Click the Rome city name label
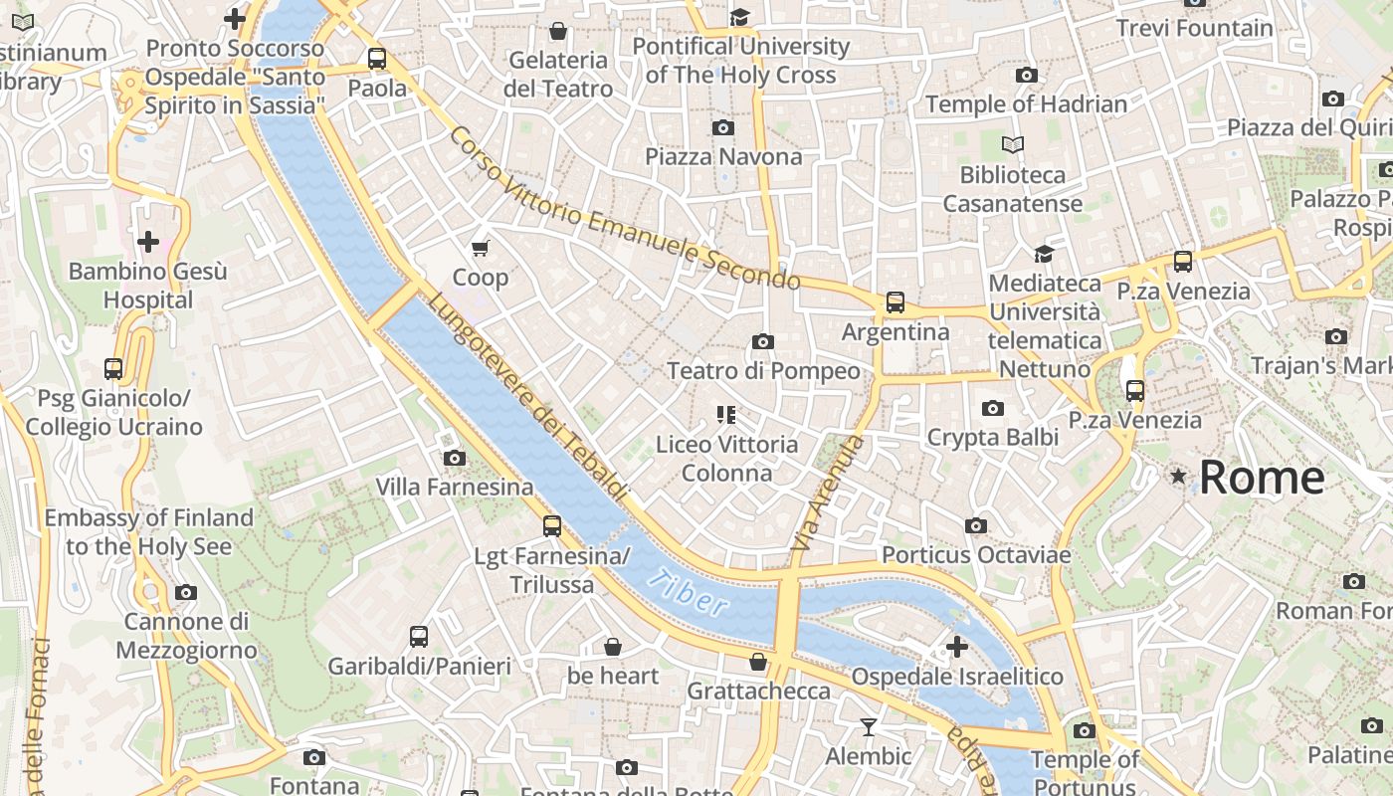click(x=1261, y=478)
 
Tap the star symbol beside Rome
click(x=1179, y=478)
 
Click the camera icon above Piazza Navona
click(x=723, y=127)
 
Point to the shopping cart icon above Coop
click(x=481, y=248)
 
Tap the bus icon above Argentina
click(x=895, y=302)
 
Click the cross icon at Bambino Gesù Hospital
click(x=148, y=242)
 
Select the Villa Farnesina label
click(x=454, y=487)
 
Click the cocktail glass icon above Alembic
click(x=869, y=727)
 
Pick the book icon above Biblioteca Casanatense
click(x=1012, y=145)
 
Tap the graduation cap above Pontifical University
click(x=739, y=17)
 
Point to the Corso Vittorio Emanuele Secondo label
click(x=624, y=209)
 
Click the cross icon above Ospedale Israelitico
click(x=956, y=648)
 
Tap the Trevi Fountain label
click(x=1194, y=28)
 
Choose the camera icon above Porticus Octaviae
click(x=976, y=525)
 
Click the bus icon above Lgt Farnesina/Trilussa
click(x=552, y=526)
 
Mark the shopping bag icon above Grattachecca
click(x=758, y=662)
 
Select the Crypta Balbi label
click(x=992, y=437)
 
